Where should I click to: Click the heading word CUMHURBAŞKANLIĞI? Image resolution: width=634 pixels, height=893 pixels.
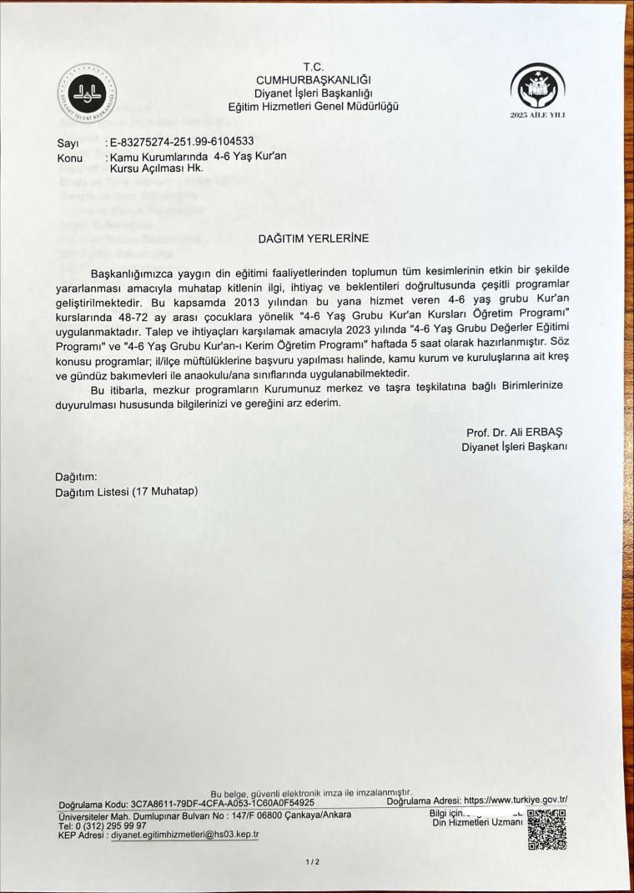(314, 79)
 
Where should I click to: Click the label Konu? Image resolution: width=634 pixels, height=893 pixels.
(70, 157)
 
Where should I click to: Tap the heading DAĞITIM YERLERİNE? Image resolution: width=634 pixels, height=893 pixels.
(314, 238)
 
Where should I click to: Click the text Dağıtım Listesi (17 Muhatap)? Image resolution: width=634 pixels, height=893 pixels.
(126, 492)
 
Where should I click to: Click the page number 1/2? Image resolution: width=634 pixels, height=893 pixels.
(313, 861)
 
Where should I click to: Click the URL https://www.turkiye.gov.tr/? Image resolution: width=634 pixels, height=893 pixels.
(516, 800)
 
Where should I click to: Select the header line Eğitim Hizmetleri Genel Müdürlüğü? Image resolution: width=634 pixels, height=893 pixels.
(314, 106)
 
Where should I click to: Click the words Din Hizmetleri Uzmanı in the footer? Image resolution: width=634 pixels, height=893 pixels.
(477, 822)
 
